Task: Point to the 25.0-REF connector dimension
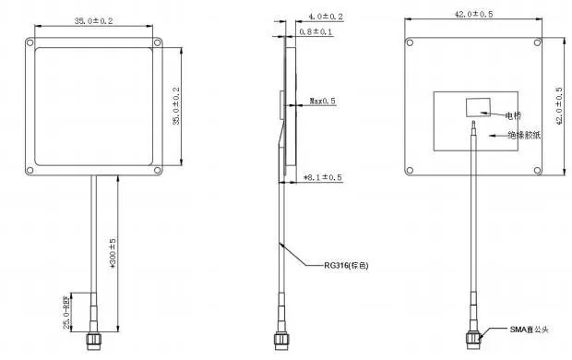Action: coord(69,312)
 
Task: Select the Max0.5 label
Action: coord(322,101)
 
